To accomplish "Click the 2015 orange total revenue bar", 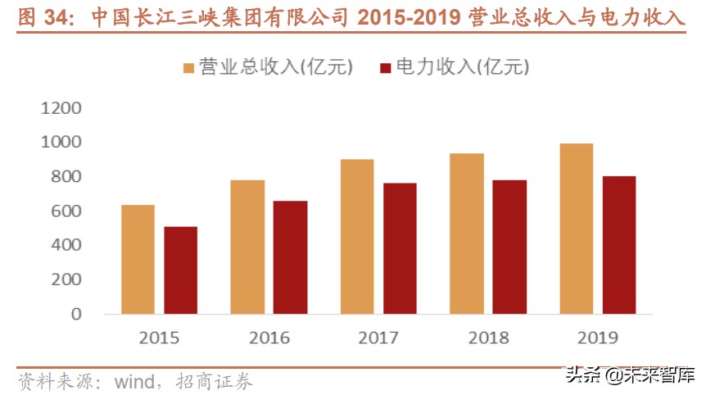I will point(138,259).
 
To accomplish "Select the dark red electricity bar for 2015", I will point(180,270).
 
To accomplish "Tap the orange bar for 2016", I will point(247,247).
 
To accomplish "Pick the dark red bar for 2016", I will point(290,257).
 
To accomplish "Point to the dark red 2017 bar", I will point(400,248).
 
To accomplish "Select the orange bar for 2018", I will point(467,234).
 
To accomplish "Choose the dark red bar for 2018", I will point(509,247).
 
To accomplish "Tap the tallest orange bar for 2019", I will point(577,229).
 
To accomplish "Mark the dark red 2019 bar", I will point(619,245).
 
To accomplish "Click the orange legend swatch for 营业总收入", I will point(189,68).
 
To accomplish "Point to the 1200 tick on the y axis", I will point(62,108).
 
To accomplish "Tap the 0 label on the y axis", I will point(76,314).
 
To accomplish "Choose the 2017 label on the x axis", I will point(378,338).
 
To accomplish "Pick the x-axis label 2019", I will point(598,338).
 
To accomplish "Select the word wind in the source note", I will point(133,381).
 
